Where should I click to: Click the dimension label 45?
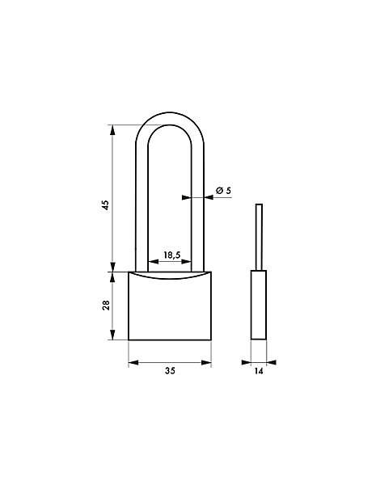pos(106,205)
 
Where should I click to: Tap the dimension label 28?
pos(106,306)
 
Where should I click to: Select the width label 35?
pos(170,370)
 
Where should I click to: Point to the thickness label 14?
pos(259,370)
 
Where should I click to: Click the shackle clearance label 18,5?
pos(171,255)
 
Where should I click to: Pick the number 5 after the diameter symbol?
pos(228,190)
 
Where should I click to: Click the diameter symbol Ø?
pos(220,191)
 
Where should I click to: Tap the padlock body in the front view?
pos(170,306)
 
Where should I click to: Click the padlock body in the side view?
pos(259,305)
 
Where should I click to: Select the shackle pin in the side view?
pos(259,237)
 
